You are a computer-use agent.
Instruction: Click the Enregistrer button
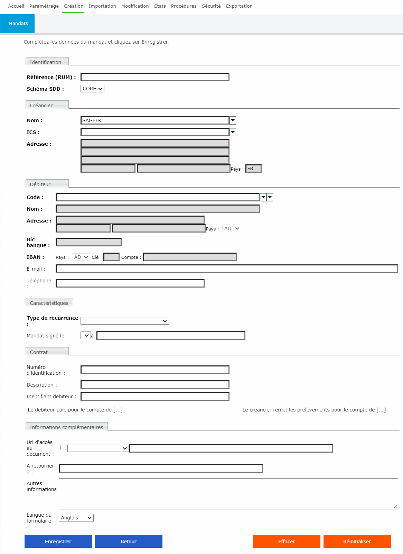pyautogui.click(x=58, y=542)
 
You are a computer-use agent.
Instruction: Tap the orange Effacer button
pyautogui.click(x=287, y=542)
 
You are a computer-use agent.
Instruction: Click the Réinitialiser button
pyautogui.click(x=357, y=542)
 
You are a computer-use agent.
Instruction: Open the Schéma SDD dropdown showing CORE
pyautogui.click(x=92, y=89)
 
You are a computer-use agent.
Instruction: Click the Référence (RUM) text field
pyautogui.click(x=155, y=77)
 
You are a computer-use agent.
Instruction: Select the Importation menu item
pyautogui.click(x=102, y=6)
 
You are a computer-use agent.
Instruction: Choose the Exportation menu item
pyautogui.click(x=239, y=6)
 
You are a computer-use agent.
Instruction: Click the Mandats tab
pyautogui.click(x=18, y=24)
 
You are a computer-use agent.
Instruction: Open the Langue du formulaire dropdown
pyautogui.click(x=76, y=518)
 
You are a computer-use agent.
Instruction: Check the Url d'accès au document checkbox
pyautogui.click(x=63, y=447)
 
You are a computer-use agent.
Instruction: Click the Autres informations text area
pyautogui.click(x=228, y=493)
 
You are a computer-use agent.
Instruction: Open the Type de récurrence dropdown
pyautogui.click(x=125, y=321)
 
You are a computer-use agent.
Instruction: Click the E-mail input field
pyautogui.click(x=227, y=269)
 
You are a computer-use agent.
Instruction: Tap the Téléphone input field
pyautogui.click(x=130, y=283)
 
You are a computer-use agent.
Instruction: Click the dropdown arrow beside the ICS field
pyautogui.click(x=233, y=132)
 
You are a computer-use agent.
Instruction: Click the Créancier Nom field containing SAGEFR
pyautogui.click(x=155, y=120)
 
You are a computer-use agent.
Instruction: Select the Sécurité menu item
pyautogui.click(x=211, y=6)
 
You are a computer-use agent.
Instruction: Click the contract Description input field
pyautogui.click(x=155, y=384)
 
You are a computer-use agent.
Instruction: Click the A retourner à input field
pyautogui.click(x=161, y=468)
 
